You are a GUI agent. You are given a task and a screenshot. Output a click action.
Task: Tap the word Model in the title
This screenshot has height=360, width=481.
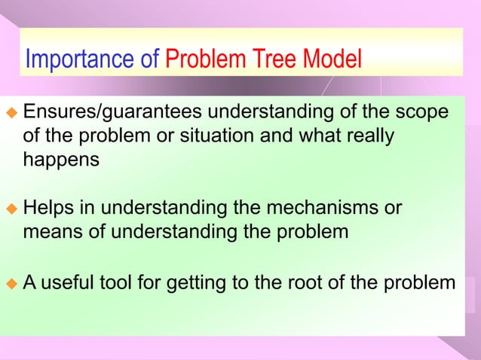click(332, 59)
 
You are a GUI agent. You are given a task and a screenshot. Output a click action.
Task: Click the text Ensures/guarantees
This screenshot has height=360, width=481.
click(112, 113)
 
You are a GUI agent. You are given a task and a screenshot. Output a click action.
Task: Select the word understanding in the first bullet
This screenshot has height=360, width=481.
click(278, 113)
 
